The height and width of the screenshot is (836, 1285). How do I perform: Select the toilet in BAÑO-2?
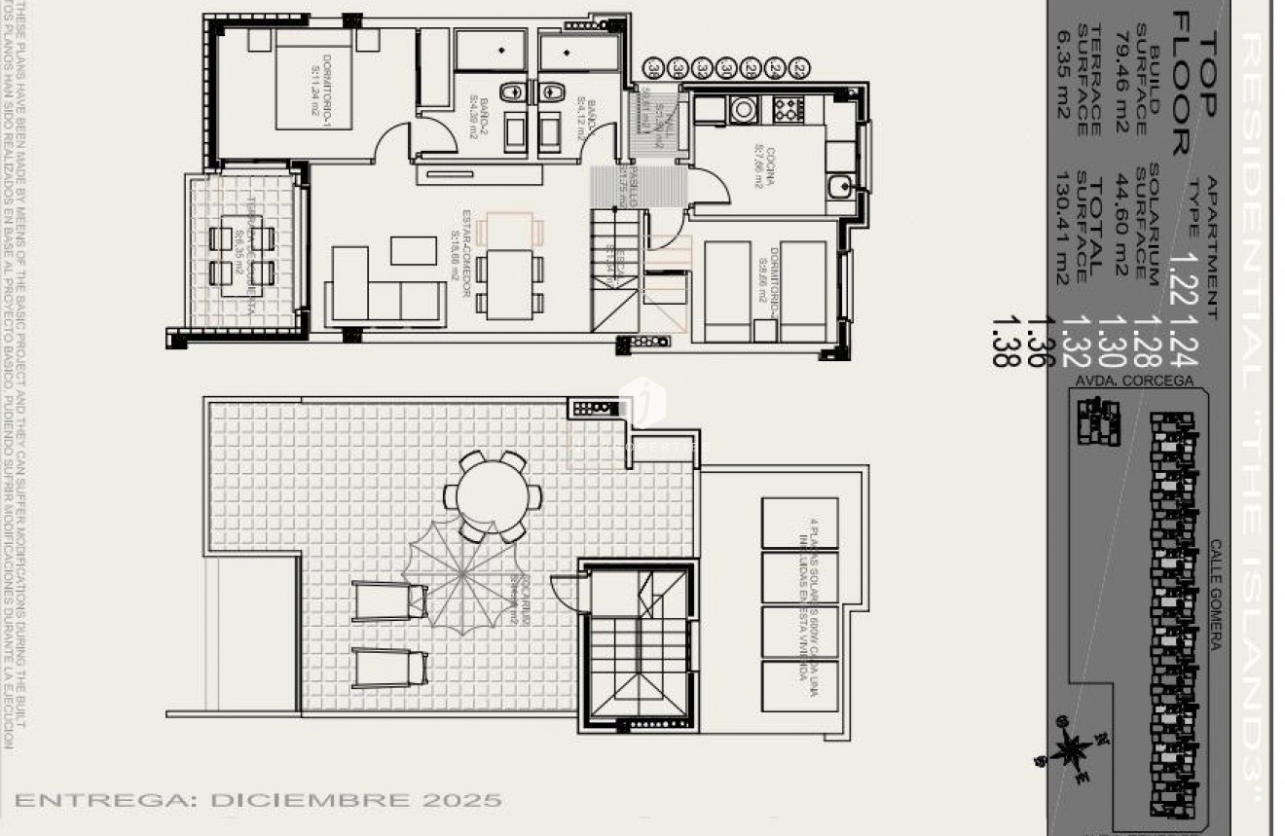point(511,91)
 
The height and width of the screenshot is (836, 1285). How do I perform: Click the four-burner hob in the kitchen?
point(786,109)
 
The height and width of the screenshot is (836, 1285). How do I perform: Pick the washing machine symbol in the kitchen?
point(744,109)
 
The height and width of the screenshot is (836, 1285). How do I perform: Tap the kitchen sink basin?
point(839,185)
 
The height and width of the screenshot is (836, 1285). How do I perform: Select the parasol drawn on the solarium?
point(463,574)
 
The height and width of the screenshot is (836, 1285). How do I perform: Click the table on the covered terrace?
point(241,255)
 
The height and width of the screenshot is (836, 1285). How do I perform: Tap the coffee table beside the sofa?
point(414,250)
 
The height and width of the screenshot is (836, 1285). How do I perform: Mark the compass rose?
point(1071,750)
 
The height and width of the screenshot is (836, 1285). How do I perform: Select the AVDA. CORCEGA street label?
point(1131,382)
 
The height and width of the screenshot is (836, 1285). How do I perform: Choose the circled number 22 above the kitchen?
point(799,69)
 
